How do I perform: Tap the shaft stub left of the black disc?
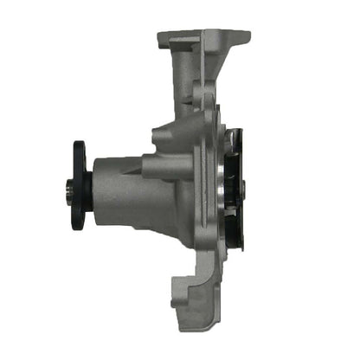pos(68,187)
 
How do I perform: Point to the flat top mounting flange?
pos(203,38)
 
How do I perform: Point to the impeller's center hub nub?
pos(243,187)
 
